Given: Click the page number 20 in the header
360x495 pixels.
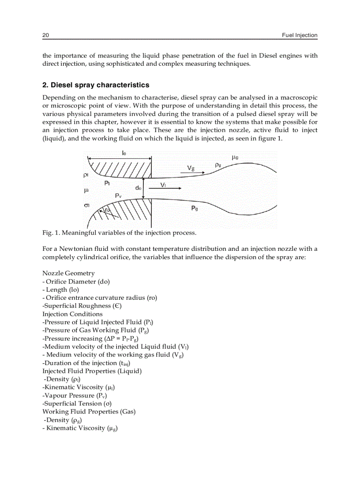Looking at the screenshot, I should point(45,35).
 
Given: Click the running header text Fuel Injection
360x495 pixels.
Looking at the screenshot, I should point(300,35).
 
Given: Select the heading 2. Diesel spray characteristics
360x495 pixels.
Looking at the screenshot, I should point(96,85).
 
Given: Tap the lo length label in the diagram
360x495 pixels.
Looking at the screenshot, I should point(124,153).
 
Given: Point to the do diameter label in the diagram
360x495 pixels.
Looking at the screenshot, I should point(138,187).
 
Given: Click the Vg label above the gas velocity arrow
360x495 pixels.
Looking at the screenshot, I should point(191,168).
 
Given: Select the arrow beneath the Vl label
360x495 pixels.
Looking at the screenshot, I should point(165,188).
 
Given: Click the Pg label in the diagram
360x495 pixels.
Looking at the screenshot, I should point(194,208).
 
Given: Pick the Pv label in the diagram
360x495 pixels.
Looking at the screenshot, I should point(118,195).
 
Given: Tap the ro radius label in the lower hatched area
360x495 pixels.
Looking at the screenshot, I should point(108,211).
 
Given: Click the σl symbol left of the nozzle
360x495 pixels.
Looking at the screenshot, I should point(87,205).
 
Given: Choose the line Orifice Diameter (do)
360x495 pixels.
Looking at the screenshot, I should point(76,281).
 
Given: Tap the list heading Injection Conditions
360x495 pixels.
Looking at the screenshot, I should point(72,314).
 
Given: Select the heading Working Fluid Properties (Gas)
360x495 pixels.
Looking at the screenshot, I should point(89,411).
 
